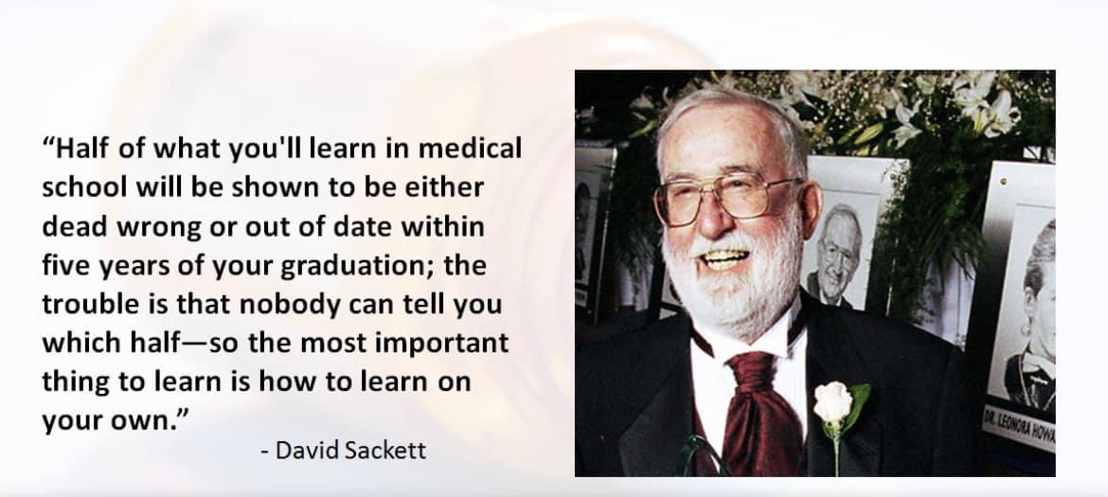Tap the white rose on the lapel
833,402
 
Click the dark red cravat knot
753,374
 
